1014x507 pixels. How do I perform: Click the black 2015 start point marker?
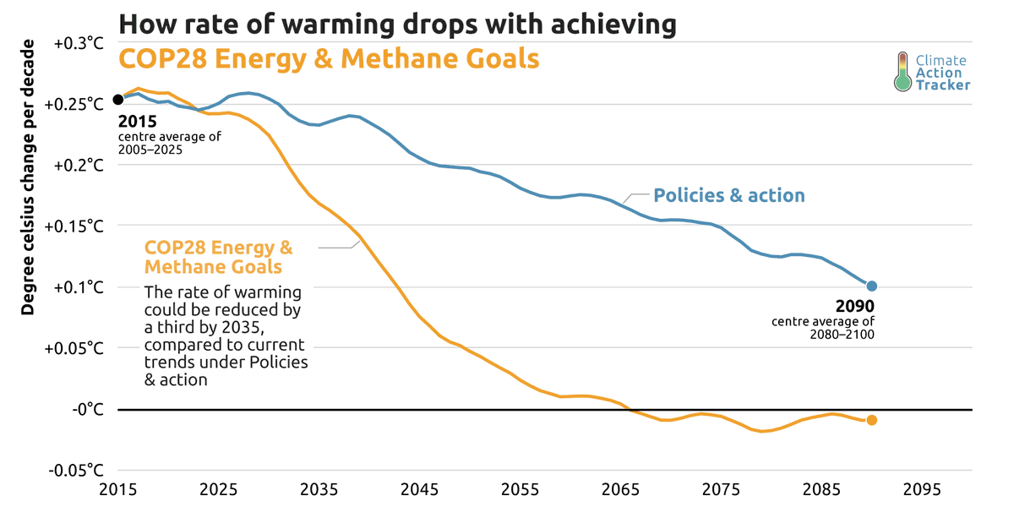[118, 100]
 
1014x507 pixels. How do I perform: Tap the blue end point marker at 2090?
[872, 286]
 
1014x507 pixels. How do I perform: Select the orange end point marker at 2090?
[872, 420]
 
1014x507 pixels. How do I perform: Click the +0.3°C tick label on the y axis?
[79, 43]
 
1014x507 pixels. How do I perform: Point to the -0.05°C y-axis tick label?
[77, 470]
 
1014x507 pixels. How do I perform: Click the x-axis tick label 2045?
[419, 489]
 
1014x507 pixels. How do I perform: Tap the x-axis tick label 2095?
[922, 489]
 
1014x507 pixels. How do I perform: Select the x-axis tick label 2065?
[620, 489]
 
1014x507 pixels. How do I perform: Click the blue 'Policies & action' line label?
[728, 195]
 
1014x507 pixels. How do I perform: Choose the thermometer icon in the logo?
[902, 72]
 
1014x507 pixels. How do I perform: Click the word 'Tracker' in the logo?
[943, 85]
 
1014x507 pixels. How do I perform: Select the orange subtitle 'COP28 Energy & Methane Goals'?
[329, 59]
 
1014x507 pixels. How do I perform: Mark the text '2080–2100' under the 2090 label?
[842, 335]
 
